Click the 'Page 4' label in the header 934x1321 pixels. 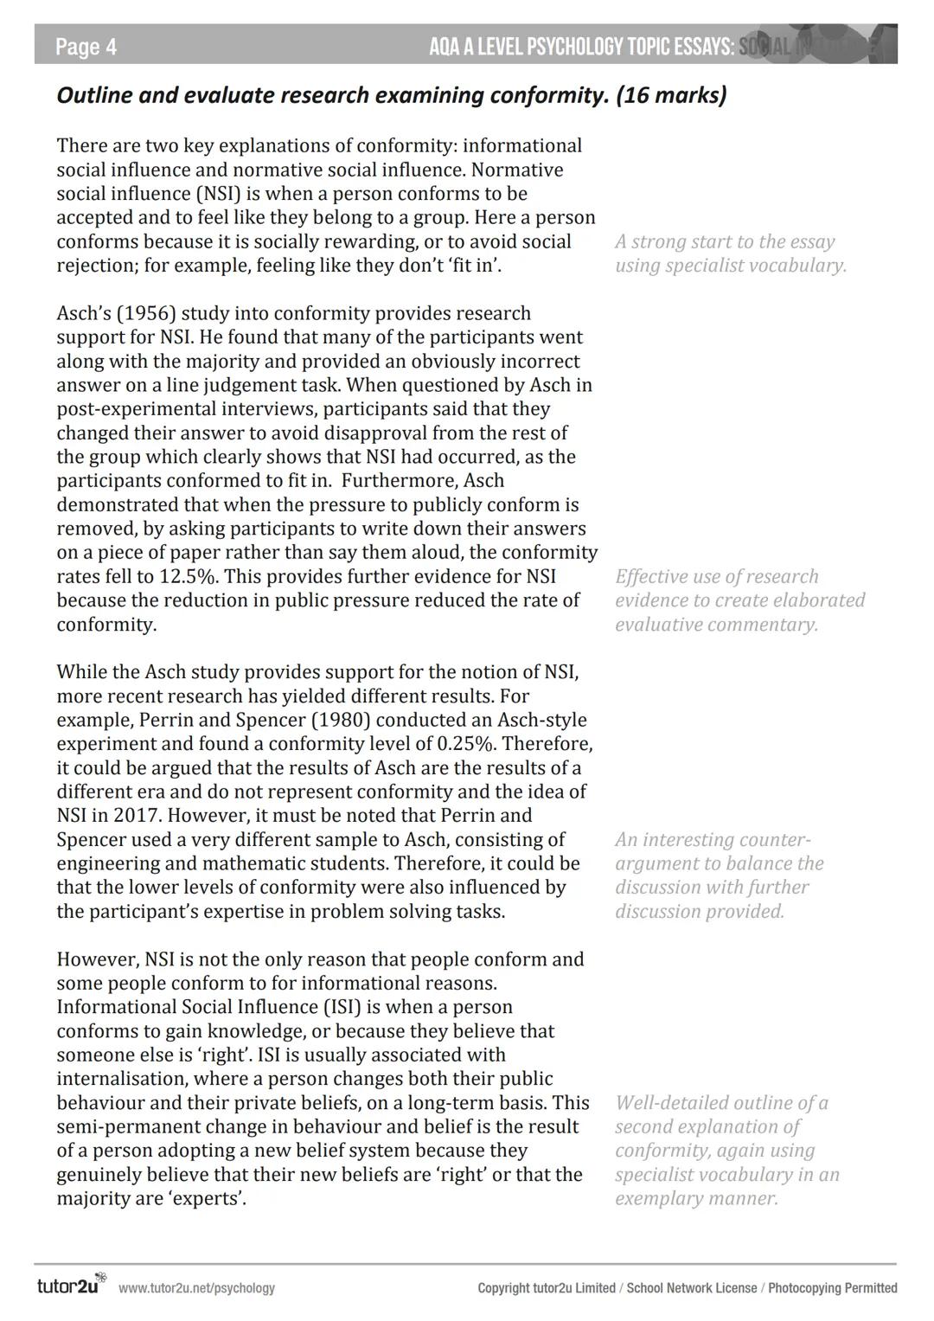(86, 47)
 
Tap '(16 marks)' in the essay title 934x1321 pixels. (671, 95)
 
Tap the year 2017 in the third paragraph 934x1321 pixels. (139, 816)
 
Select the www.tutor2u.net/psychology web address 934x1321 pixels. (196, 1288)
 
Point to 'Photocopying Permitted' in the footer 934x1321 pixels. (832, 1288)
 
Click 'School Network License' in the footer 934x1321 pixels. (691, 1288)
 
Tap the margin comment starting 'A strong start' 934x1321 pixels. (730, 253)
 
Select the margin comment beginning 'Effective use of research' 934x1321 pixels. (739, 600)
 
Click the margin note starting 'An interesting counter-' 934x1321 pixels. (719, 875)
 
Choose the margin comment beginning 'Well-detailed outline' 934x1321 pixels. (726, 1151)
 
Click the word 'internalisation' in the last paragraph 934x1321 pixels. (122, 1079)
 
